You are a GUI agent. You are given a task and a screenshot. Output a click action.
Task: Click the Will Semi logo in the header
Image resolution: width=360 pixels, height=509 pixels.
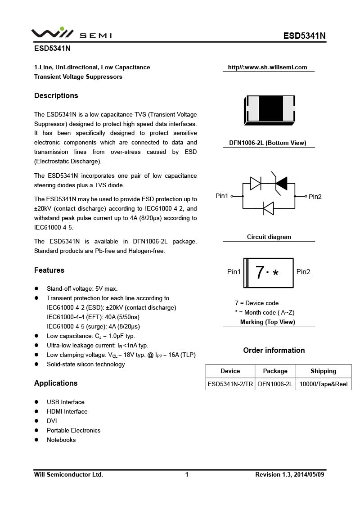pos(71,33)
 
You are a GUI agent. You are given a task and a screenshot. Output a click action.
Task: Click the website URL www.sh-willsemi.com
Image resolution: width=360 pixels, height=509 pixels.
pos(267,68)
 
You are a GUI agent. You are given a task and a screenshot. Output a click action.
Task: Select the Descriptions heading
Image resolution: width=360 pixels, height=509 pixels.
pos(56,96)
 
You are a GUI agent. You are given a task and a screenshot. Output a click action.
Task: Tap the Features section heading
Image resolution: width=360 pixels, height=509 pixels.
pos(49,270)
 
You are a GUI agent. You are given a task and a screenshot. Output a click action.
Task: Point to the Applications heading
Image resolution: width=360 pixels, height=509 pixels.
pos(56,383)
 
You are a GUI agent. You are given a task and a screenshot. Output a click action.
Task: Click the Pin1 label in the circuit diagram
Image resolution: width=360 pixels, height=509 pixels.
pos(222,196)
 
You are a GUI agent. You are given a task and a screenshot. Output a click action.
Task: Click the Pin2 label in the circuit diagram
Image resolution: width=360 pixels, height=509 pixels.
pos(315,197)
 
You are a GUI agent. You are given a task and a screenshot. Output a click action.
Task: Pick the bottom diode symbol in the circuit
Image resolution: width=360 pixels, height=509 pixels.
pos(268,208)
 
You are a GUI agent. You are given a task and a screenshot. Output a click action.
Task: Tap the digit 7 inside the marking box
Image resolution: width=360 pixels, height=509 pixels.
pos(260,273)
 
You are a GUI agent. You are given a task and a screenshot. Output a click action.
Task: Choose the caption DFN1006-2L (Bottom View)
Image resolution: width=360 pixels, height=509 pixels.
pos(268,143)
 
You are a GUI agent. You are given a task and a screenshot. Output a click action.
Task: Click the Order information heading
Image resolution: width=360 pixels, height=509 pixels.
pos(274,351)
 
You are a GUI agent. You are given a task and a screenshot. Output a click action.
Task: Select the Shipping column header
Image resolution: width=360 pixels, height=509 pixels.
pos(323,371)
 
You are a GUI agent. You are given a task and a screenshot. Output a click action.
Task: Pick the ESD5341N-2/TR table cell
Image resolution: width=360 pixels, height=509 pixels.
pos(230,384)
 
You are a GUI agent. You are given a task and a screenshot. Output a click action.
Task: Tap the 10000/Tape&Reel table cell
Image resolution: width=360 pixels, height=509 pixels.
pos(324,384)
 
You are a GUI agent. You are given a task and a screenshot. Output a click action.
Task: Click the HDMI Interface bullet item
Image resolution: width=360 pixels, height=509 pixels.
pos(67,412)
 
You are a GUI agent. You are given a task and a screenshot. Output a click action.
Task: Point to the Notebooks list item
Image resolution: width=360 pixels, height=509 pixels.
pos(61,440)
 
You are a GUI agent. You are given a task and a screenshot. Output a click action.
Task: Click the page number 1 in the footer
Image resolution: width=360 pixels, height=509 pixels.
pos(187,475)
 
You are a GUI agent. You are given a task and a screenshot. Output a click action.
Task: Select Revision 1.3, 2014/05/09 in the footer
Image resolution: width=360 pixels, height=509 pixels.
pos(289,475)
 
